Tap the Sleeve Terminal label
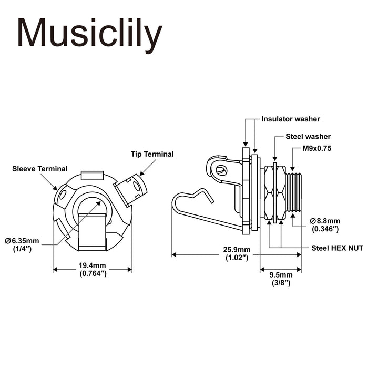tap(40, 169)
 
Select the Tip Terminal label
tap(152, 154)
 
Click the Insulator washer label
tap(291, 119)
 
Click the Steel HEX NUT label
tap(337, 247)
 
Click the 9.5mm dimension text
tap(281, 275)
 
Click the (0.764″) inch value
tap(93, 274)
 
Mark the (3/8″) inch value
tap(281, 283)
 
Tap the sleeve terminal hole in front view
tap(64, 195)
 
